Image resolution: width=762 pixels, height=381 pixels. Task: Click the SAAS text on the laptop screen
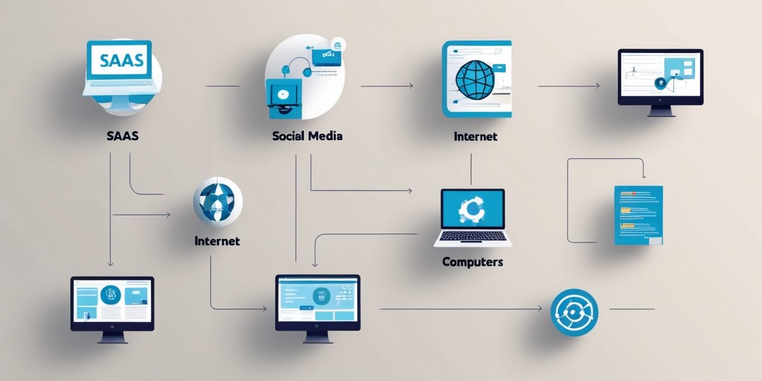click(121, 61)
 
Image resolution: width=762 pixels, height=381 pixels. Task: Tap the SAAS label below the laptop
click(123, 136)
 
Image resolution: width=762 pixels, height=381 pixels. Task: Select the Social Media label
click(307, 136)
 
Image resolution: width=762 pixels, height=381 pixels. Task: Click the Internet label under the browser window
click(475, 136)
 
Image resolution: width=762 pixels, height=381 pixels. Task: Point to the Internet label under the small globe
click(217, 241)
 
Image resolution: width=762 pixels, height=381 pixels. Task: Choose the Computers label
click(473, 262)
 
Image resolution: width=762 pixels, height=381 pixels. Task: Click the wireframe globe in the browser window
click(475, 80)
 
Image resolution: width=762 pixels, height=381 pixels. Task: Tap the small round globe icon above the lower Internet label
click(218, 202)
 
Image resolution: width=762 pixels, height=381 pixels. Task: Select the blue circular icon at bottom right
click(574, 313)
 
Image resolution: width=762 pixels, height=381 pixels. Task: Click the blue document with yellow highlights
click(639, 215)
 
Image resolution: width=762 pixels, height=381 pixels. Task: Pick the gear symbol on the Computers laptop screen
click(472, 210)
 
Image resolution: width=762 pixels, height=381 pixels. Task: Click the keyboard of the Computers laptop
click(473, 236)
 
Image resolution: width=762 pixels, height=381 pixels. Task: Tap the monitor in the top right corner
click(661, 83)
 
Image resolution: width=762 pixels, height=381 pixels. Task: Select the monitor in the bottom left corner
click(113, 310)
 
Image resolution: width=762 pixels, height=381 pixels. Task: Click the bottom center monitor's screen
click(318, 299)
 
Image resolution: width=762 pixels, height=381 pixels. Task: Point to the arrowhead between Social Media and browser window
click(411, 86)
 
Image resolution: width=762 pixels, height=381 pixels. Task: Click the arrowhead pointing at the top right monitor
click(597, 86)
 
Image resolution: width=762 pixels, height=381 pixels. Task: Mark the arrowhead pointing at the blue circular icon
click(539, 309)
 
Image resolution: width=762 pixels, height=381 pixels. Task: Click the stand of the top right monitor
click(661, 111)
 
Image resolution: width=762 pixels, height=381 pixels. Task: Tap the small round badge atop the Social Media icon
click(338, 45)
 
